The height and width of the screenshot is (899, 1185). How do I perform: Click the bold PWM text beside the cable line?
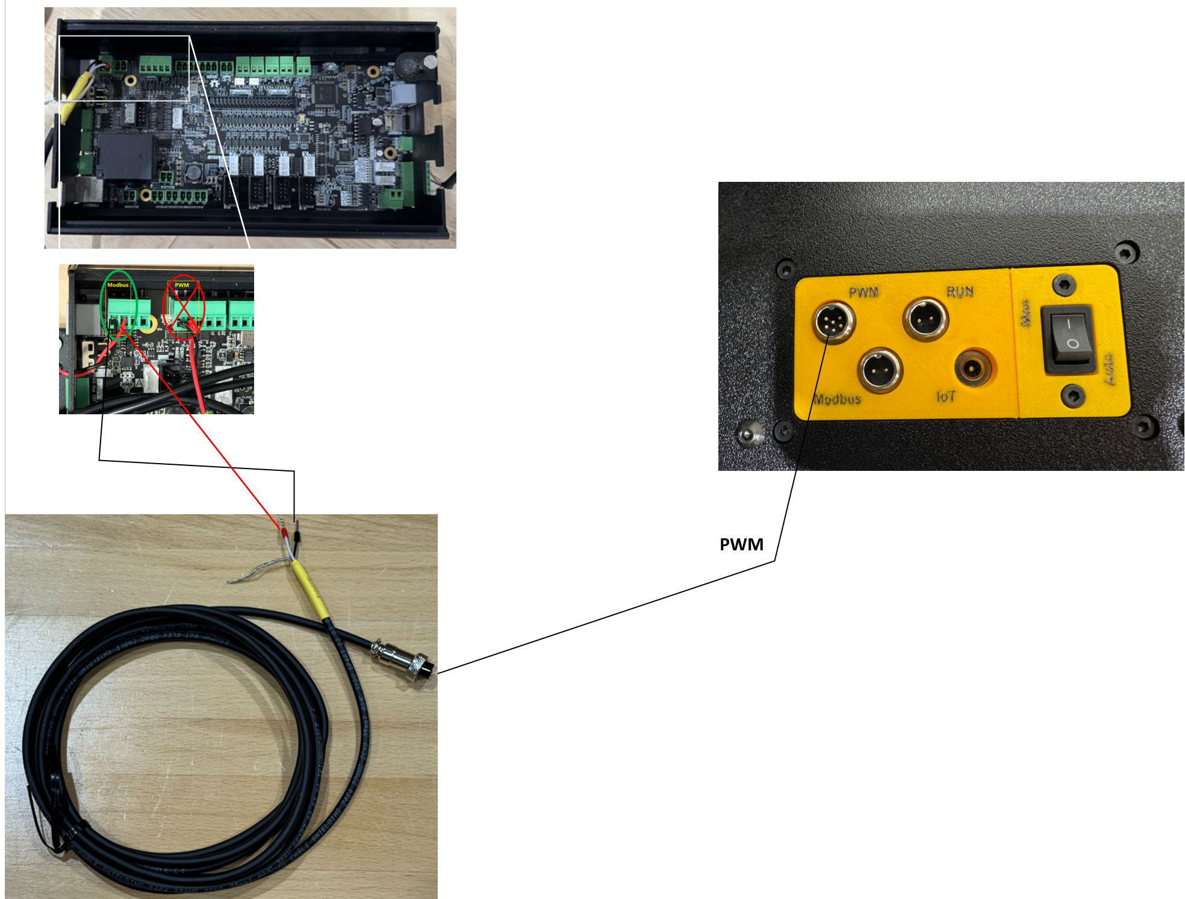point(741,544)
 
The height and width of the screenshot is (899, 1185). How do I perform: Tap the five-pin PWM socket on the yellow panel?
point(834,322)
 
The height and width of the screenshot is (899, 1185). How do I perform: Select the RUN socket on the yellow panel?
point(925,318)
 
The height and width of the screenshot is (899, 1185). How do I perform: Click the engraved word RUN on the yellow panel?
point(959,292)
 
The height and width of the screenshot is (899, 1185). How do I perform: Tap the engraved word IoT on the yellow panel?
point(945,396)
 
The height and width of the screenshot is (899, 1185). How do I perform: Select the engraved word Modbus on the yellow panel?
point(837,399)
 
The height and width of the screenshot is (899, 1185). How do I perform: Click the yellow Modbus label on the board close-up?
point(118,285)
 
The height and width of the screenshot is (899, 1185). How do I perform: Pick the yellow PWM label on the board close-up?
point(182,285)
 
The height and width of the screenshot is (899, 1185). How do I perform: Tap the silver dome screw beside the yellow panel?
point(749,434)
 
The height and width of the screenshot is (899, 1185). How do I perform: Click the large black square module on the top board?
point(126,156)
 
